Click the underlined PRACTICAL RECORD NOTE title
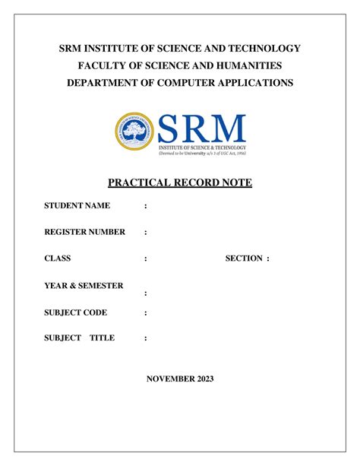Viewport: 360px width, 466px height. click(x=180, y=184)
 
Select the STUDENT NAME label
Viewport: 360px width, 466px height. click(x=77, y=206)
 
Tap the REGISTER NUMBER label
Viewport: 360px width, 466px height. click(x=84, y=232)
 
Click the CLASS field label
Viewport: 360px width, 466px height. click(x=57, y=258)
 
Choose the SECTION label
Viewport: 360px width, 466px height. click(x=243, y=258)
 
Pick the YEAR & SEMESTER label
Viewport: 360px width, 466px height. click(x=84, y=285)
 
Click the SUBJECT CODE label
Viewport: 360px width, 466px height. click(x=75, y=312)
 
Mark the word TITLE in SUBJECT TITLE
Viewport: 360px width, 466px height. click(x=102, y=338)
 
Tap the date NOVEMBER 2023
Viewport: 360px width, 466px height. click(x=180, y=379)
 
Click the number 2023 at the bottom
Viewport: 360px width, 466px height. click(x=204, y=379)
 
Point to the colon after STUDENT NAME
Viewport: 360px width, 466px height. click(x=145, y=207)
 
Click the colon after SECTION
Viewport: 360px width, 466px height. click(x=267, y=258)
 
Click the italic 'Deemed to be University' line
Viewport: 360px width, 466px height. click(x=201, y=151)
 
